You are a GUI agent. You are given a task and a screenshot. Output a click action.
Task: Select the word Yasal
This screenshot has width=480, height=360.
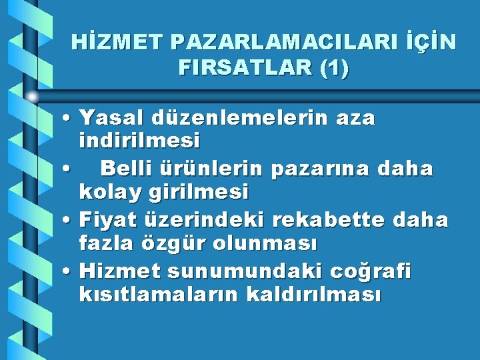coord(114,118)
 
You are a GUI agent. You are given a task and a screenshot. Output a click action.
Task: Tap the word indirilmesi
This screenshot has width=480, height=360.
coord(139,141)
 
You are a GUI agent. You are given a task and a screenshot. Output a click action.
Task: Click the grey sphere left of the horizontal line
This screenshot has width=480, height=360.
coord(32,97)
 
